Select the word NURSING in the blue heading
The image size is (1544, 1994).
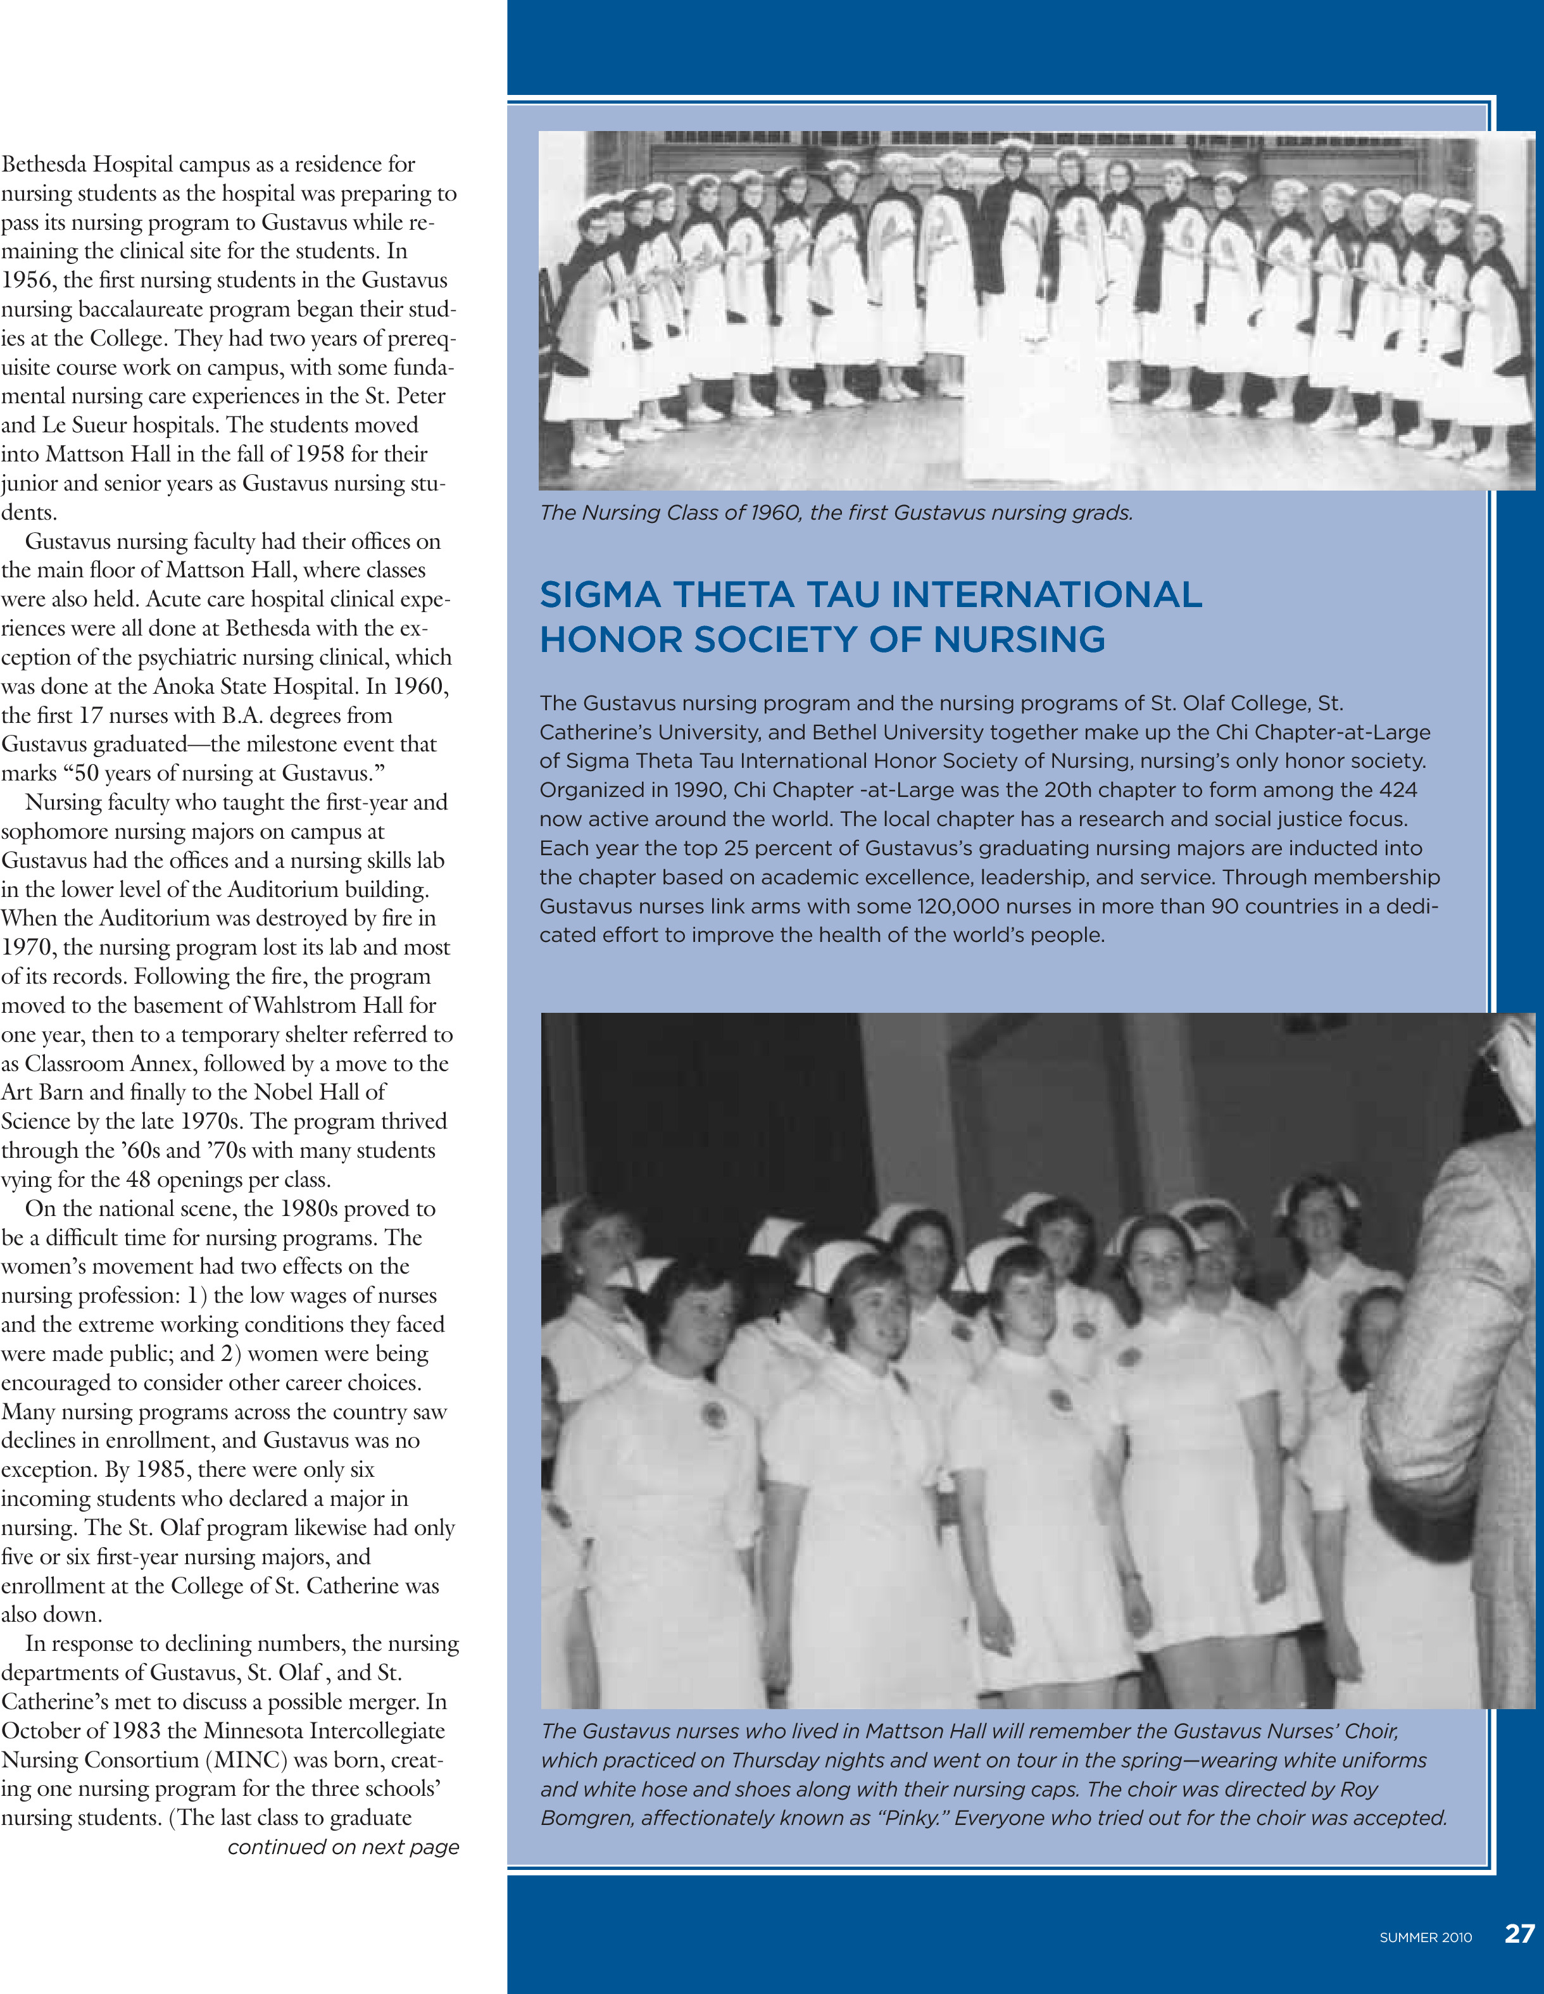tap(1019, 639)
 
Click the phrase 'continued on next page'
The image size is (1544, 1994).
tap(342, 1847)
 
